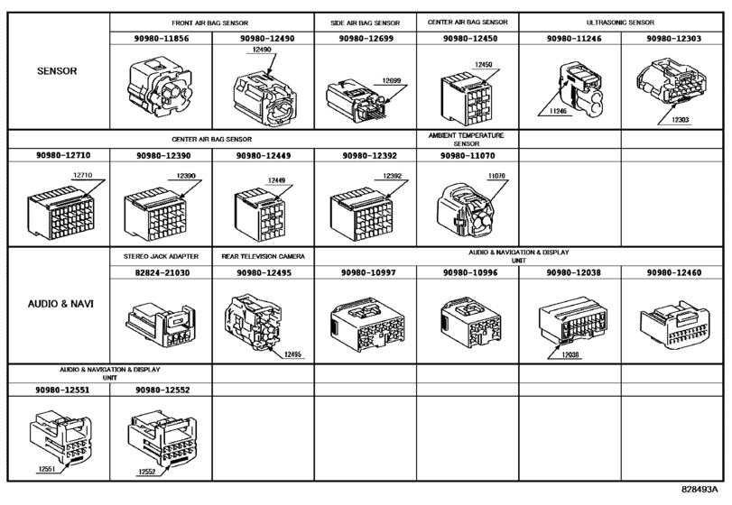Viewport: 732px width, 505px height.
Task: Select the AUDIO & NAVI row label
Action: tap(55, 304)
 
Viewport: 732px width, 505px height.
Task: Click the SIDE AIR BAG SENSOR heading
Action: tap(365, 22)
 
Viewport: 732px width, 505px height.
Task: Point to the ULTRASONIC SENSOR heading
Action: tap(620, 22)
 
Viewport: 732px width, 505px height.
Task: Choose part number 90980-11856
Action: tap(160, 39)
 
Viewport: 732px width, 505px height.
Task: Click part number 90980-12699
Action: tap(365, 39)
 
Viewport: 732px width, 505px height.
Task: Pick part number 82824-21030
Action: tap(160, 271)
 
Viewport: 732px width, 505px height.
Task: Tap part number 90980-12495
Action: tap(262, 271)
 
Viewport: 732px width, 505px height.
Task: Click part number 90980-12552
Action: tap(160, 390)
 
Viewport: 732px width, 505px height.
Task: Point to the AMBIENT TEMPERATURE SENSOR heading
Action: tap(466, 139)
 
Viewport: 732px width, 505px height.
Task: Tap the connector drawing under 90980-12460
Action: tap(673, 320)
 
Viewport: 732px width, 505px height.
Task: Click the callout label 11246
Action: tap(560, 113)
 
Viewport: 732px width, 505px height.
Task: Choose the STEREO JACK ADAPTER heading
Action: tap(160, 256)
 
